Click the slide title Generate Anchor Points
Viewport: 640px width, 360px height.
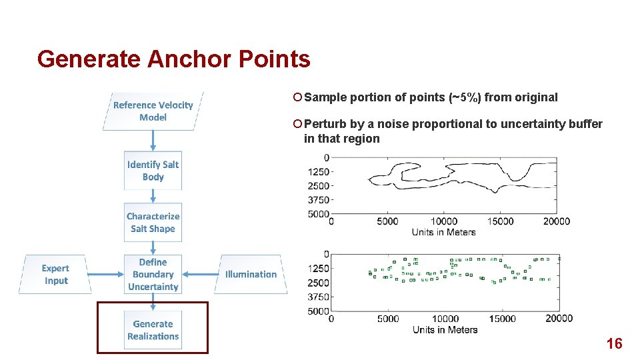point(174,59)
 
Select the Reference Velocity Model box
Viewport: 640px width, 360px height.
point(153,111)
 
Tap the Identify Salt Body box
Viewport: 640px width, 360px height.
point(153,171)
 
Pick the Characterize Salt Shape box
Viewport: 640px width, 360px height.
point(153,223)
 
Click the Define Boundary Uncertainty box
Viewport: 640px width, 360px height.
point(153,275)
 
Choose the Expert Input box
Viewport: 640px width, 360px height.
point(55,275)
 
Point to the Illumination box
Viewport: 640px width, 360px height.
point(251,274)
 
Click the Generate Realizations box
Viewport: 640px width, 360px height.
point(153,330)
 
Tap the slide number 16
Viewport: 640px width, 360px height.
point(614,344)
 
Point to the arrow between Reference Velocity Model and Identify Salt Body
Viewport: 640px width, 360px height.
point(153,141)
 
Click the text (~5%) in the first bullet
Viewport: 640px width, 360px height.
point(465,97)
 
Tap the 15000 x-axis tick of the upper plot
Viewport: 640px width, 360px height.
point(500,221)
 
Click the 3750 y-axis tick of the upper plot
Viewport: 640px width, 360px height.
point(319,200)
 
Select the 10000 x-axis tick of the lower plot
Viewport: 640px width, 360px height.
point(445,319)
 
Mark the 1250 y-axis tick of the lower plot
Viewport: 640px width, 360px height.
point(317,268)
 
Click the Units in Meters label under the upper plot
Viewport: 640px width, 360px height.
point(444,232)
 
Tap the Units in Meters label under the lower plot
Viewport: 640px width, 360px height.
point(445,329)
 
